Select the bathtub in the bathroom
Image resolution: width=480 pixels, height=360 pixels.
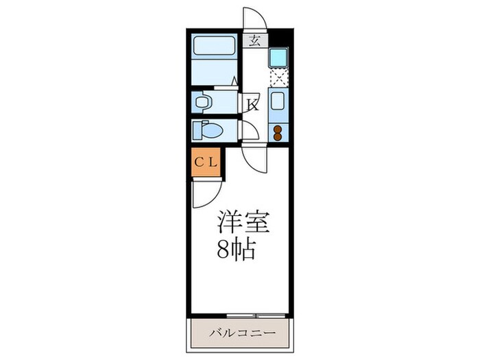214,47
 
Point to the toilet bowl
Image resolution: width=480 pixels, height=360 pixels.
210,130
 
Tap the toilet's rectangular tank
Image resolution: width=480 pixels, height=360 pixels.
196,130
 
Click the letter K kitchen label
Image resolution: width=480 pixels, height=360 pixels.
252,104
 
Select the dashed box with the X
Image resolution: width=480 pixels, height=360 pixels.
278,77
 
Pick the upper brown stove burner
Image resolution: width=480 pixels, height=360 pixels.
278,128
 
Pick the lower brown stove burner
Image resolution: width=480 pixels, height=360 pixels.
278,136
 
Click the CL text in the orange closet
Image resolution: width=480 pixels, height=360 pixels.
205,163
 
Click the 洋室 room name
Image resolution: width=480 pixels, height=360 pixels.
243,222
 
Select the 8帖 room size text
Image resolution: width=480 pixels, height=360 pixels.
237,250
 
